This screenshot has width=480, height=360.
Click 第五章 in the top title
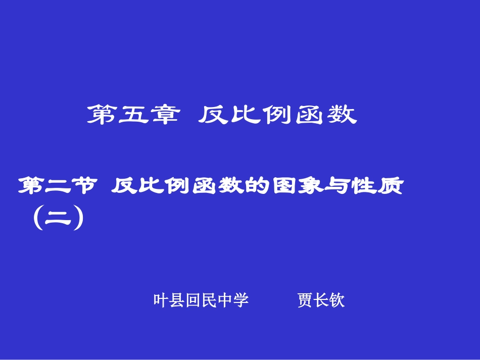[x=133, y=115]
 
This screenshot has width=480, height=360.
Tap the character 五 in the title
[x=133, y=115]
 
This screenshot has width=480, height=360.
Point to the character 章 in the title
[x=164, y=115]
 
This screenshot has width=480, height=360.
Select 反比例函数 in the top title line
[x=277, y=115]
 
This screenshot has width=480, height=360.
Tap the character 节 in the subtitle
[x=82, y=186]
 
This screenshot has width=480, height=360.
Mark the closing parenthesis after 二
[x=77, y=221]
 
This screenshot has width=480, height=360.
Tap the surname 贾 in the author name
[x=305, y=300]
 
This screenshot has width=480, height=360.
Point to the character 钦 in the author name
[x=337, y=300]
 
